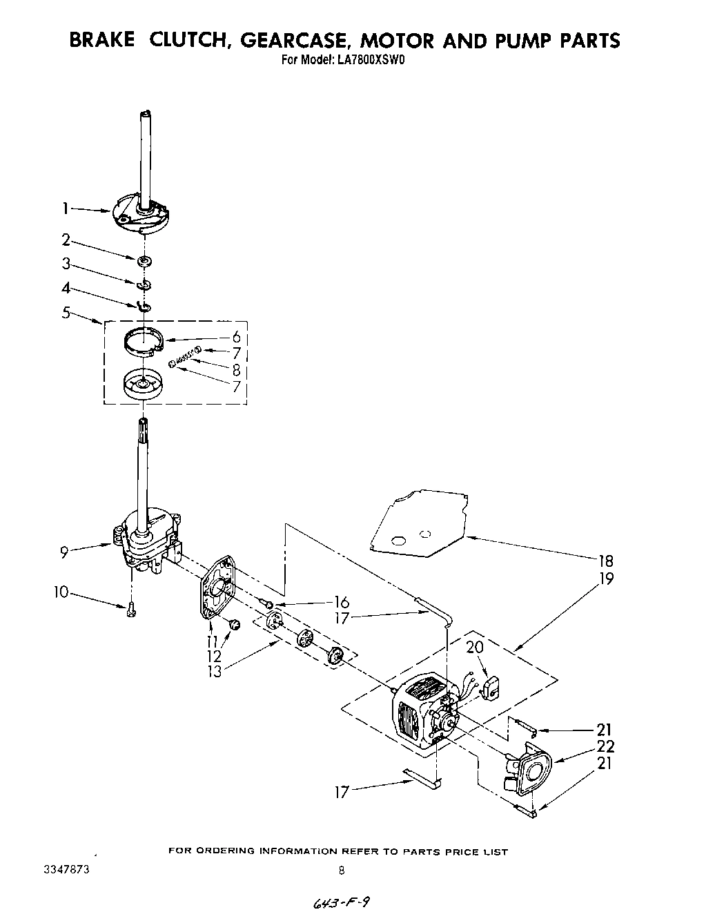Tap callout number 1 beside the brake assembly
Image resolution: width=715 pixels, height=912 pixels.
(x=66, y=206)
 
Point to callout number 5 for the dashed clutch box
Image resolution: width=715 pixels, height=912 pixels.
(x=66, y=313)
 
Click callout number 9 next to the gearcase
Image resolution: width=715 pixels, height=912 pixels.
(x=63, y=551)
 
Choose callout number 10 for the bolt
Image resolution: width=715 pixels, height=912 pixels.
(x=62, y=592)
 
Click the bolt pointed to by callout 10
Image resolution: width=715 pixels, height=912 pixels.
(x=130, y=609)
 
